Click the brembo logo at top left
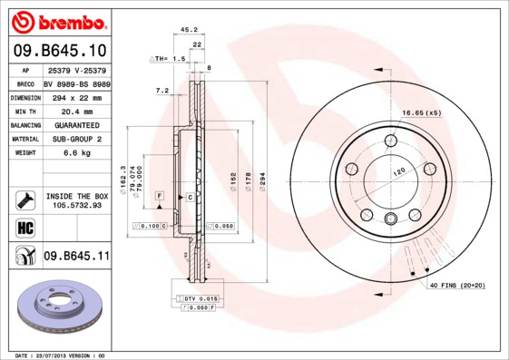57,20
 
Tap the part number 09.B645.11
76,257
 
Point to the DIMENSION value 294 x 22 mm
76,96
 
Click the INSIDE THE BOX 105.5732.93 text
76,200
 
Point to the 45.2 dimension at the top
189,29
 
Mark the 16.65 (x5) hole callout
421,112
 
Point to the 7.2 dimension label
163,91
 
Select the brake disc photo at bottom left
60,309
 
